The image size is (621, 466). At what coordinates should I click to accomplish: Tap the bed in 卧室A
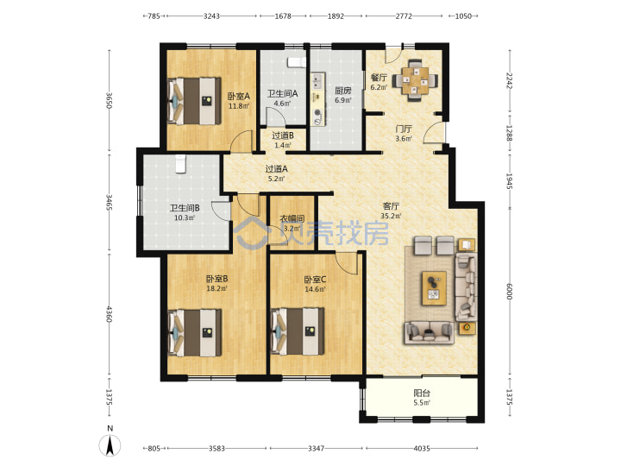[x=194, y=101]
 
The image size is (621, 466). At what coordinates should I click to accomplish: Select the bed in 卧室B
[x=194, y=333]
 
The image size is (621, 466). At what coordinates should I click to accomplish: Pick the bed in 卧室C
[x=298, y=331]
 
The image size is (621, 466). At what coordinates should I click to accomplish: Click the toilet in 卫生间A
[x=297, y=62]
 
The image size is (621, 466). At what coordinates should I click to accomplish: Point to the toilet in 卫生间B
[x=180, y=164]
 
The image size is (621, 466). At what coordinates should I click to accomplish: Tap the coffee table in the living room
[x=434, y=288]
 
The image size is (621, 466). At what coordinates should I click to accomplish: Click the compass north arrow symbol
[x=110, y=445]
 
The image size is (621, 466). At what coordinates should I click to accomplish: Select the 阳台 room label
[x=422, y=394]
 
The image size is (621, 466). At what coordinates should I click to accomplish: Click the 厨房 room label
[x=343, y=91]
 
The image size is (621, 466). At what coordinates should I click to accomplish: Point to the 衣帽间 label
[x=292, y=218]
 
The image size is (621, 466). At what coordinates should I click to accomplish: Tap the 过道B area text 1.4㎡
[x=283, y=146]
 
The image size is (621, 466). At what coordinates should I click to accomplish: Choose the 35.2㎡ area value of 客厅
[x=391, y=216]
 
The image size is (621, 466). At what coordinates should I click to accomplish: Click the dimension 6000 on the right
[x=510, y=292]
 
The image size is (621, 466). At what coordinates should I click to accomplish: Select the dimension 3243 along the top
[x=211, y=16]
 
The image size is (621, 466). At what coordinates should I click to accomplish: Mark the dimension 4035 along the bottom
[x=422, y=448]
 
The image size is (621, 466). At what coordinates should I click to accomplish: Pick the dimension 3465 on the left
[x=109, y=202]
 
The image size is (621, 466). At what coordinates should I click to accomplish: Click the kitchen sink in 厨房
[x=317, y=83]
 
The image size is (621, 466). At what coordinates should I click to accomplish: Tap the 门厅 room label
[x=404, y=129]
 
